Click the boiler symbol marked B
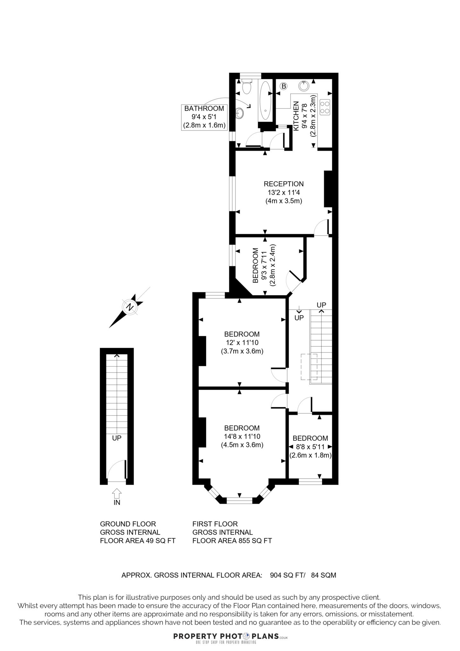click(x=284, y=86)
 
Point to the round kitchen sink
click(x=304, y=86)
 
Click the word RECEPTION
click(x=284, y=184)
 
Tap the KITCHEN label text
click(x=296, y=116)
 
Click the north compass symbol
click(x=130, y=307)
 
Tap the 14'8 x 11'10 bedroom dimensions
click(x=242, y=436)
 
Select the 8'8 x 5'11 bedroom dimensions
click(x=310, y=447)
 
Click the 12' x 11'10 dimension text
click(x=242, y=343)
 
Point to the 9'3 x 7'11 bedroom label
click(x=264, y=265)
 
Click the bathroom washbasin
click(x=240, y=113)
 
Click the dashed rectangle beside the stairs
click(x=309, y=367)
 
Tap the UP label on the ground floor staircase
click(x=117, y=438)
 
